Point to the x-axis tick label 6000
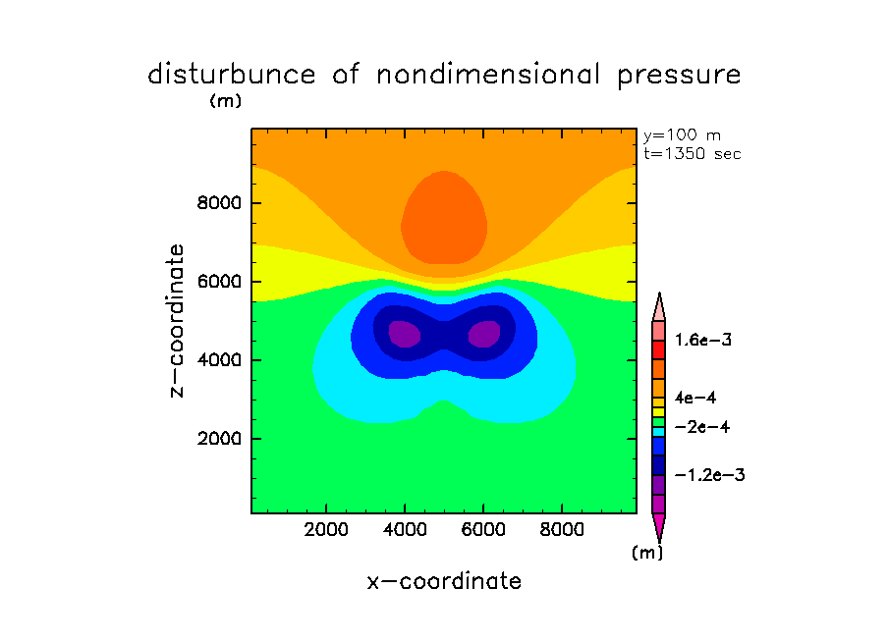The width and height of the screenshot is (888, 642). pos(483,530)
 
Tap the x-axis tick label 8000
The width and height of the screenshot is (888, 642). pos(561,530)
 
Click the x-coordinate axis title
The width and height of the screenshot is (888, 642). pos(444,581)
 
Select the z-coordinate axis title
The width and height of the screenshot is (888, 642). pos(177,321)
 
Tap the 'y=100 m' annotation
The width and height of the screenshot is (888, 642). pos(682,135)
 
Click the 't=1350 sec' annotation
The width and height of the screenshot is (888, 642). pos(693,153)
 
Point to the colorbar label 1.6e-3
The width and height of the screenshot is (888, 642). pos(702,341)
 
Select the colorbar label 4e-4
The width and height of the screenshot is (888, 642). pos(695,397)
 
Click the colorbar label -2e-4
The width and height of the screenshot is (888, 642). pos(701,428)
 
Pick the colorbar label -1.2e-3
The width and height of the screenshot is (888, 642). pos(708,475)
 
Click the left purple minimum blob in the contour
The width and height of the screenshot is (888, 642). pos(405,334)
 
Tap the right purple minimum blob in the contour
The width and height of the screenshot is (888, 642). pos(484,334)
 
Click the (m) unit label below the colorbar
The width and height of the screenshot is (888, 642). pos(646,553)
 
